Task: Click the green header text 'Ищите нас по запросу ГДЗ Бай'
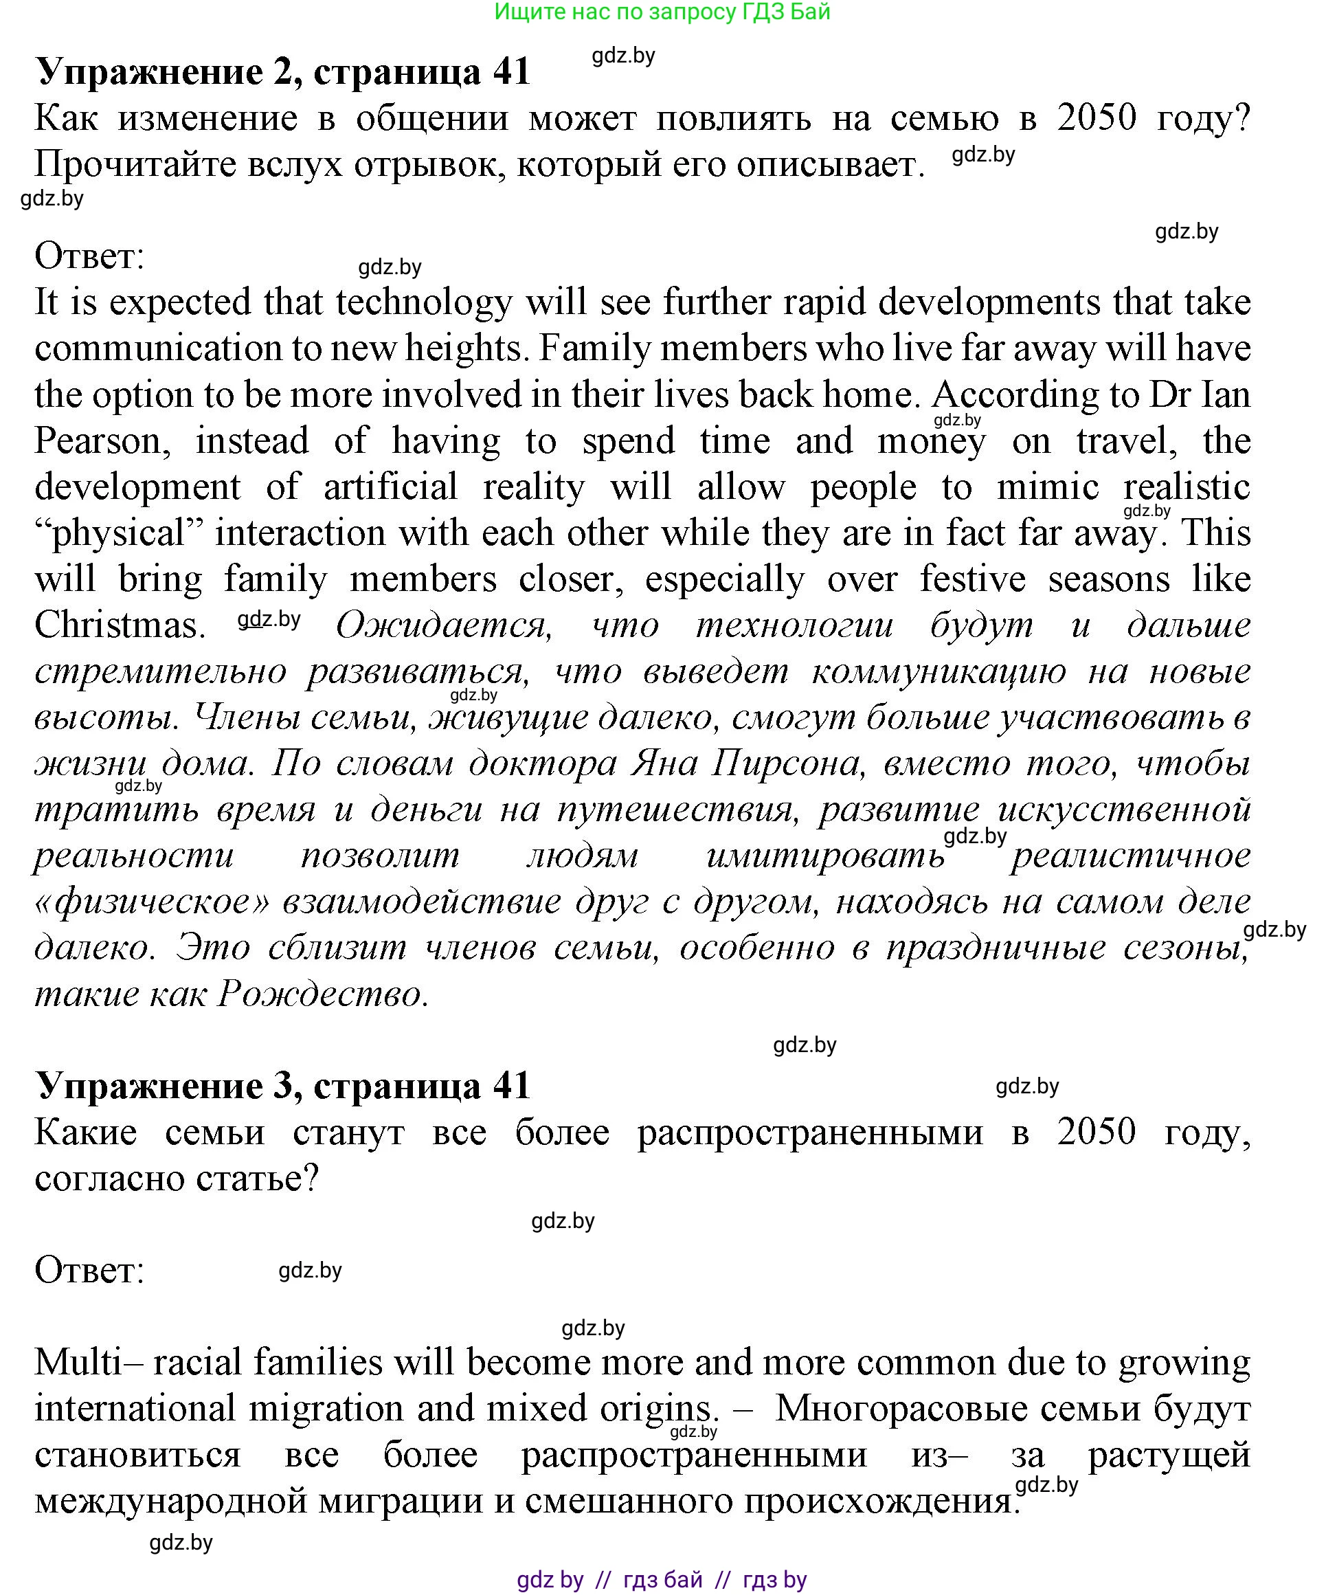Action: coord(662,12)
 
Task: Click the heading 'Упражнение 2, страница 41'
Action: coord(282,71)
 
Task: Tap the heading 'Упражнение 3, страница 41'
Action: coord(282,1085)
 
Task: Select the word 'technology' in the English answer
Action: coord(424,302)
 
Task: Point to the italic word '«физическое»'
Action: coord(152,902)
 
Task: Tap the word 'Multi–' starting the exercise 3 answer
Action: coord(89,1362)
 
